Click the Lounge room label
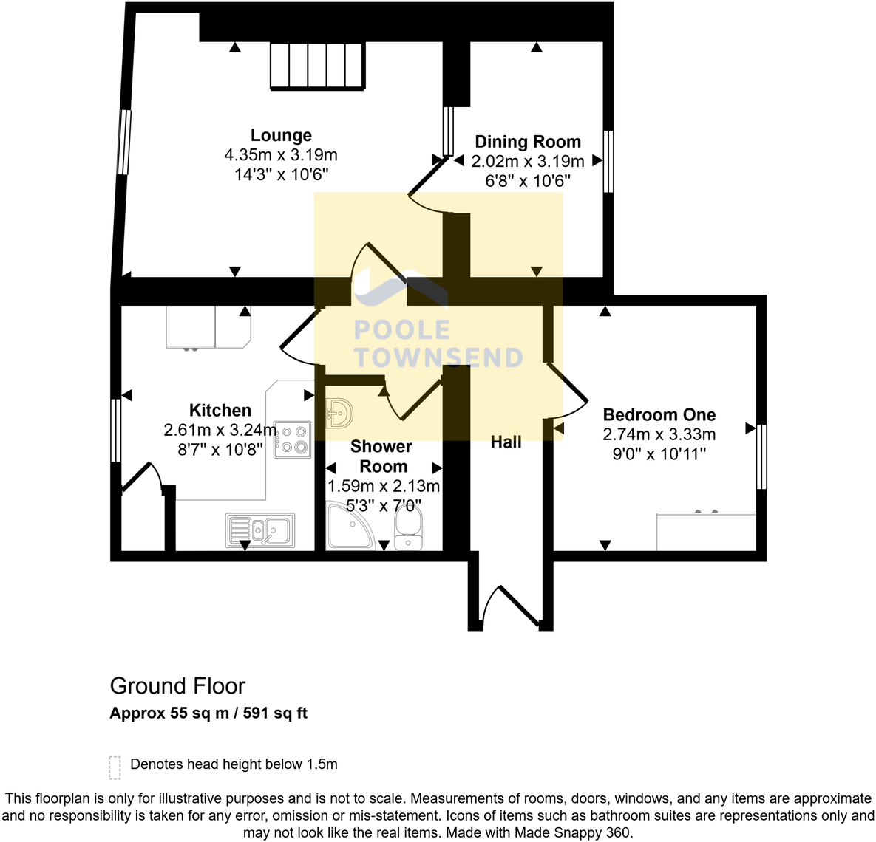pos(281,135)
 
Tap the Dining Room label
pos(528,142)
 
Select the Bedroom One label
pos(659,414)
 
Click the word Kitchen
pos(220,410)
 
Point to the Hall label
pos(506,442)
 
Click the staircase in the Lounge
pos(317,65)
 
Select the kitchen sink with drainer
pos(260,530)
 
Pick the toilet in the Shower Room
pos(408,529)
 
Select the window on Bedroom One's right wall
pos(761,456)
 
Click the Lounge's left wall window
pos(124,142)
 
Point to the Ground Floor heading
pos(177,686)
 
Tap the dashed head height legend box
pos(115,767)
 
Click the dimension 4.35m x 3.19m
pos(281,155)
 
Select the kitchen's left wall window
pos(116,430)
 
